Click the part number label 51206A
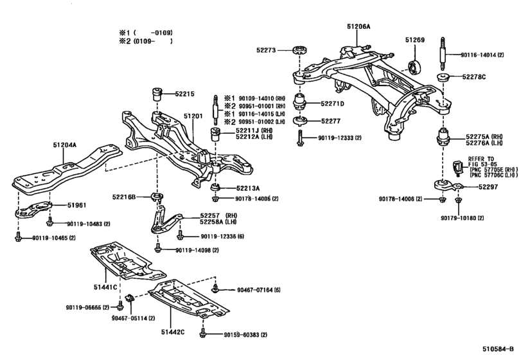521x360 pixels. click(358, 26)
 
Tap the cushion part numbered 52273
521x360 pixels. click(300, 51)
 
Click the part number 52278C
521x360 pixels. click(474, 76)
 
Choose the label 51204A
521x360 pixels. click(64, 145)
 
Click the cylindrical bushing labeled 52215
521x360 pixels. click(157, 94)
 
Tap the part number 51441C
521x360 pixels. click(105, 287)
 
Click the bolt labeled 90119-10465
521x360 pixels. click(18, 237)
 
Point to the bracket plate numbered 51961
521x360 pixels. click(33, 210)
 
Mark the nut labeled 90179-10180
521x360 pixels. click(458, 200)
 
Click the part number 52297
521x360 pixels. click(488, 187)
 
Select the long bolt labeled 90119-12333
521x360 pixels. click(301, 138)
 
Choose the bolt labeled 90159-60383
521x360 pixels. click(203, 333)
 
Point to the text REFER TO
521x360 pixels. click(481, 159)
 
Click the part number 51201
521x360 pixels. click(193, 116)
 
